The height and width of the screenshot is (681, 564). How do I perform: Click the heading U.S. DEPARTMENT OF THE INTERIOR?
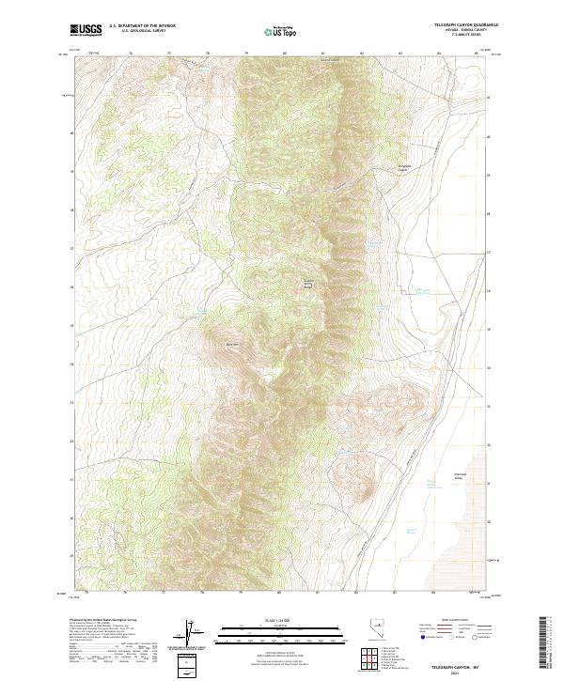142,25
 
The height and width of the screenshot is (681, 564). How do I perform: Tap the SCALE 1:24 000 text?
278,616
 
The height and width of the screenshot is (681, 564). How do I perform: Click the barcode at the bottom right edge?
542,642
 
